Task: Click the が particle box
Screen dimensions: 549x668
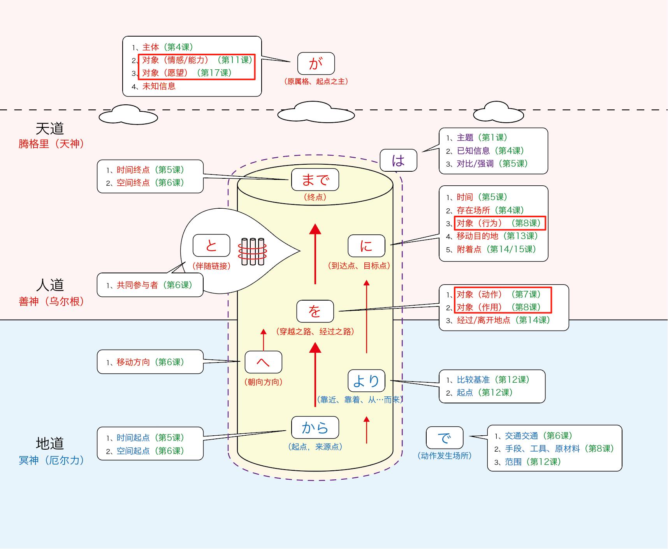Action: click(316, 63)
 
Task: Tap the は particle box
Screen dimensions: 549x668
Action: click(398, 160)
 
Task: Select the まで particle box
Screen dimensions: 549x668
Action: click(315, 180)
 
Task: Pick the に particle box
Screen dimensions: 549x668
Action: click(366, 246)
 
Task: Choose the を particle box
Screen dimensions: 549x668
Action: click(315, 311)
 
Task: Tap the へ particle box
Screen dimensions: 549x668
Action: click(263, 362)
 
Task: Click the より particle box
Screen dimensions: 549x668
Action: click(366, 380)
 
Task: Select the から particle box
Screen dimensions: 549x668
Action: click(315, 428)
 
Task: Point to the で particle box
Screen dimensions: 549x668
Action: click(445, 438)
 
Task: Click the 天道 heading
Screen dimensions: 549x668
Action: click(50, 128)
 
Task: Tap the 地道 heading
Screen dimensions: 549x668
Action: click(50, 443)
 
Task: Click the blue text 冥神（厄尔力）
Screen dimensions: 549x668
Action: click(51, 460)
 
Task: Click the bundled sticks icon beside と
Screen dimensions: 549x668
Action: click(253, 252)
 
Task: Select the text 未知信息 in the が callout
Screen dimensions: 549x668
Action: click(159, 86)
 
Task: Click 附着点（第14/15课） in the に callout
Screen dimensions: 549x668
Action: click(496, 249)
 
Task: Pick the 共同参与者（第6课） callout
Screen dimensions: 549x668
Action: click(150, 285)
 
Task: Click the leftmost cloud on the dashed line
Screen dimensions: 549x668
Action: click(128, 114)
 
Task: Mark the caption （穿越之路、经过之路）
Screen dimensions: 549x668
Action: click(315, 332)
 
